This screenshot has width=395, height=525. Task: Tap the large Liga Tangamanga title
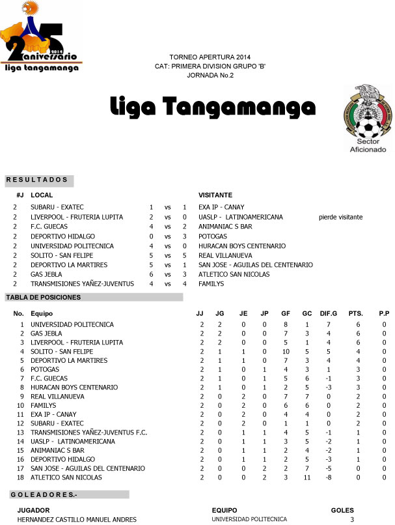point(212,106)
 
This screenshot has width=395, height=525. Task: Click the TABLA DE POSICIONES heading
point(43,298)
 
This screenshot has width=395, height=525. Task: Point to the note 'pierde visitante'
point(340,217)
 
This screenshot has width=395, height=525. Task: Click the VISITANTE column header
point(215,195)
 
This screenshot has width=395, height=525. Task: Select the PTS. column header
point(357,314)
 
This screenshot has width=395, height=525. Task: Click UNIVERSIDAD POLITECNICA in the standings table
point(72,324)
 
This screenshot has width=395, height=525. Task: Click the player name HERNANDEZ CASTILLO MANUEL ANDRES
point(77,519)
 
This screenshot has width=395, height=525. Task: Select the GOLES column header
point(342,509)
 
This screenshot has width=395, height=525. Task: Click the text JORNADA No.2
point(210,76)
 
